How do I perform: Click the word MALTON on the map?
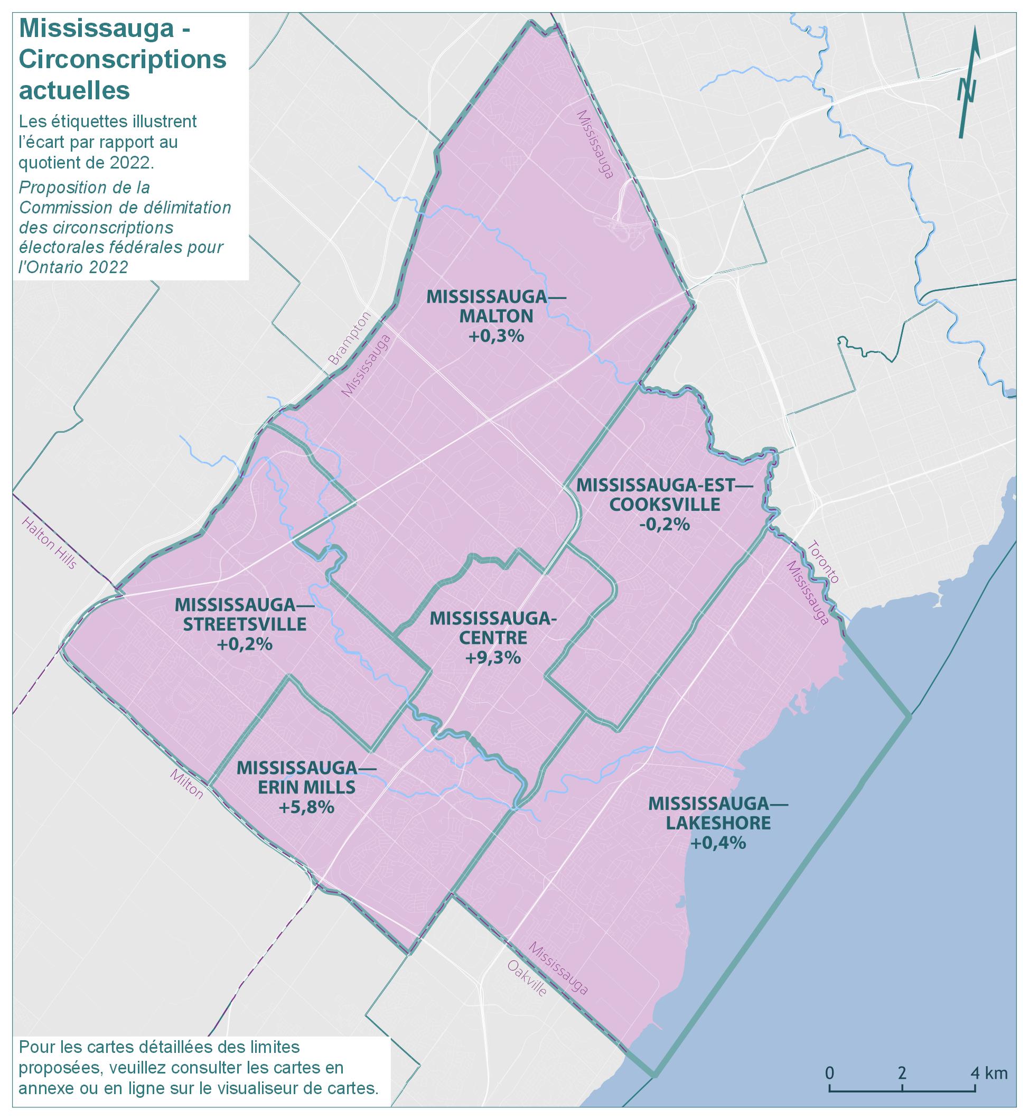(495, 316)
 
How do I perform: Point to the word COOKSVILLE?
(665, 505)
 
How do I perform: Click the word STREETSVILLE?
(245, 624)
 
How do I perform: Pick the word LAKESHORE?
(718, 823)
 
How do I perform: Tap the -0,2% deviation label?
(665, 524)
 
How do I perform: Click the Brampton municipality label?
(350, 338)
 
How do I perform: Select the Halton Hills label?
(49, 543)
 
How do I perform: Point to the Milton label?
(187, 784)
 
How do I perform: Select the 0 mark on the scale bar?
(829, 1072)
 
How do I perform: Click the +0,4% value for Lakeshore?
(718, 843)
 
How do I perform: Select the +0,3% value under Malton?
(495, 335)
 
